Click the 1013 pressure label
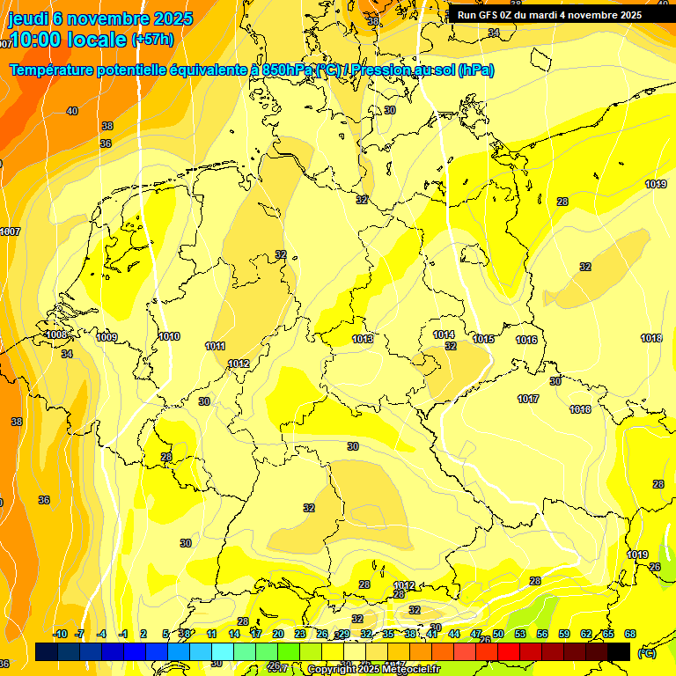(363, 339)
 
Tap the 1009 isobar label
(107, 337)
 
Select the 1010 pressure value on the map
(170, 336)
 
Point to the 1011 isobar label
(215, 346)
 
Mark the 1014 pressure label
(444, 334)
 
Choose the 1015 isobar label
(483, 339)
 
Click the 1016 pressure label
(526, 340)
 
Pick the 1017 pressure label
(528, 399)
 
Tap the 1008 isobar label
(56, 335)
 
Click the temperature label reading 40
(72, 111)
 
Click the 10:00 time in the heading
(44, 40)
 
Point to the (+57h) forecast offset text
(152, 40)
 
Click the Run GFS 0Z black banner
(548, 15)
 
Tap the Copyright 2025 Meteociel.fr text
(374, 669)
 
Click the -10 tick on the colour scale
(60, 634)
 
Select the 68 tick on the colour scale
(630, 634)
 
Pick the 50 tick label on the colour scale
(498, 634)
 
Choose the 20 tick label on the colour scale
(278, 634)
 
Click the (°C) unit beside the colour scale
(647, 653)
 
